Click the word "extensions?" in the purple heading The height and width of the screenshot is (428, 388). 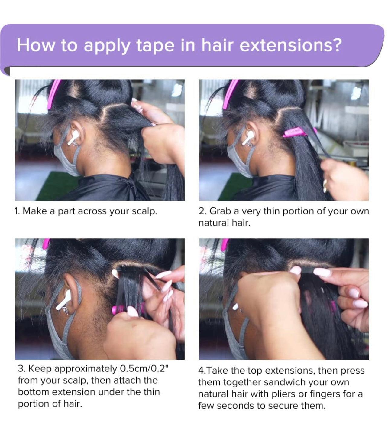[x=291, y=45]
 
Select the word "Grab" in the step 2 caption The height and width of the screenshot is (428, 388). [x=220, y=211]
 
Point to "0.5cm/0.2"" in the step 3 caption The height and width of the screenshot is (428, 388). [x=144, y=368]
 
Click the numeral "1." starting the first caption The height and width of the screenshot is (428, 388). [x=17, y=211]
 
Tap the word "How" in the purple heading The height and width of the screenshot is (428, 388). [x=36, y=45]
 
